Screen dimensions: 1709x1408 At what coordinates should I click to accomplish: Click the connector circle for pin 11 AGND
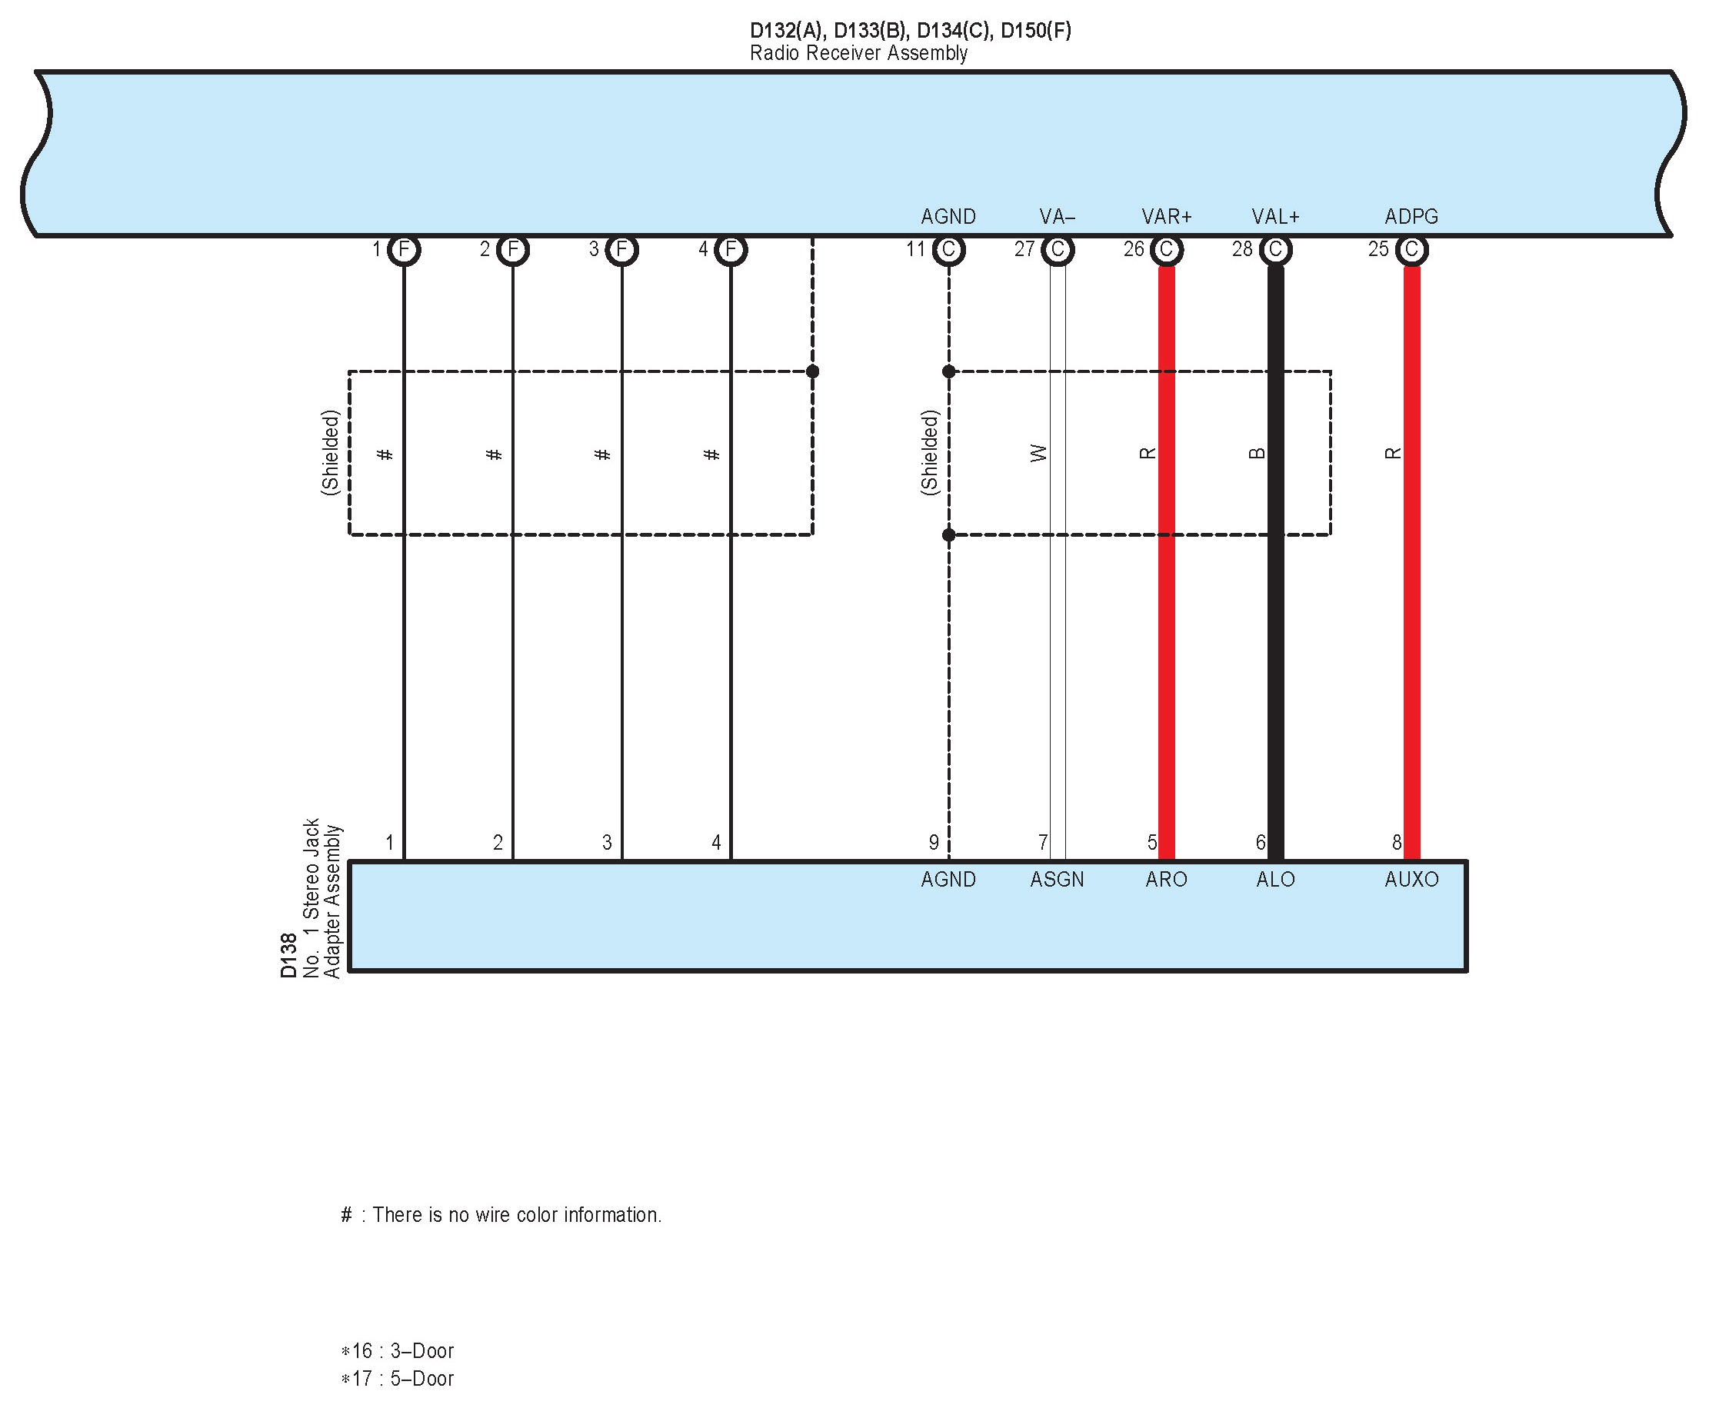click(948, 250)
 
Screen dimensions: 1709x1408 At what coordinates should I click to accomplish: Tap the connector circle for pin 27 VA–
click(1057, 250)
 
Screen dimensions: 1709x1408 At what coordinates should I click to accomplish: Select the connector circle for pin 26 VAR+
click(1166, 250)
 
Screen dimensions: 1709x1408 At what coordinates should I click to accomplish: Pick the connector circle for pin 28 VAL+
click(1275, 250)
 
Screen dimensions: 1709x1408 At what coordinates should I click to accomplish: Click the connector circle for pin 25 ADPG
click(1411, 250)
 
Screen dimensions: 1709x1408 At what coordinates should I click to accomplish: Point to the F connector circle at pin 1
click(404, 250)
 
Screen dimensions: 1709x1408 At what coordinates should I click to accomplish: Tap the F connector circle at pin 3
click(621, 250)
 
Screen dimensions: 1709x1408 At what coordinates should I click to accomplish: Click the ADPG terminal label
click(1411, 217)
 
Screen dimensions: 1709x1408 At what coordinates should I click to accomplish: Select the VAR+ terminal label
click(1166, 217)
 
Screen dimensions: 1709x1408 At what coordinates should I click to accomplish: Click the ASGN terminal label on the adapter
click(1057, 879)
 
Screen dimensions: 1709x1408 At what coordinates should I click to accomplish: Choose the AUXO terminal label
click(1411, 879)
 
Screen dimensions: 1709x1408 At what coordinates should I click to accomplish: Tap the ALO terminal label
click(1275, 879)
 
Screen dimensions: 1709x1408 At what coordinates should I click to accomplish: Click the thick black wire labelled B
click(1275, 649)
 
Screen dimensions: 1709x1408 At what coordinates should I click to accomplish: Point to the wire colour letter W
click(1039, 454)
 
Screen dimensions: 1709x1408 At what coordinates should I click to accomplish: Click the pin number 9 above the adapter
click(934, 843)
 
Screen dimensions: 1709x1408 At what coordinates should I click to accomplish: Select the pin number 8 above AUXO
click(1397, 843)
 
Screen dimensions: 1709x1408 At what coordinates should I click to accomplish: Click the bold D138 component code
click(288, 955)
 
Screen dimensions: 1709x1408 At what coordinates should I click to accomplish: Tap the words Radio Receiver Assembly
click(858, 54)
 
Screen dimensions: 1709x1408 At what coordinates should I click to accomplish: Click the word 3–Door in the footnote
click(421, 1351)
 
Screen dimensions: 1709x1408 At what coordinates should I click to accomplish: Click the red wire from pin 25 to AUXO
click(1411, 649)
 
